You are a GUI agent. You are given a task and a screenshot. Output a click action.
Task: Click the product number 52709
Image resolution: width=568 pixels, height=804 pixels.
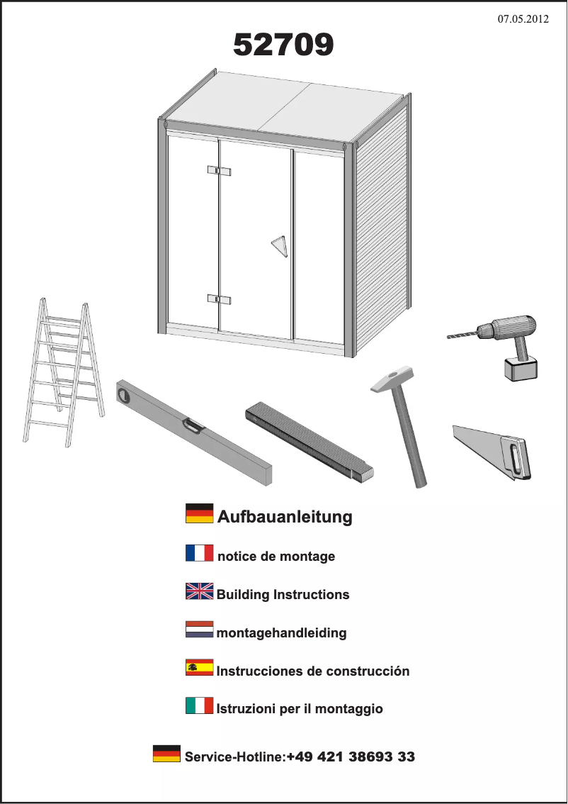point(283,45)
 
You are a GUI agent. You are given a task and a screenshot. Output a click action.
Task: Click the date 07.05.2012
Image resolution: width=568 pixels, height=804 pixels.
point(523,19)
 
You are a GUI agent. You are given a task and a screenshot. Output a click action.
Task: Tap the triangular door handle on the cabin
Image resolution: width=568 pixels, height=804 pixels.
point(280,246)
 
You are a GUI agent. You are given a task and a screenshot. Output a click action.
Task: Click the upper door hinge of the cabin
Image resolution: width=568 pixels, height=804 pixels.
point(220,170)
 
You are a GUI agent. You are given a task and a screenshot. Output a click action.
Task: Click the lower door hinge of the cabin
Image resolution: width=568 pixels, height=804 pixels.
point(220,299)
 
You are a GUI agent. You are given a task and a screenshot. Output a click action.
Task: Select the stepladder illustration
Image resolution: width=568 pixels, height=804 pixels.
point(64,372)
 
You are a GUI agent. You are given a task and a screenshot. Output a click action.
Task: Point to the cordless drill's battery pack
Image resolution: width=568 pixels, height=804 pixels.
point(521,369)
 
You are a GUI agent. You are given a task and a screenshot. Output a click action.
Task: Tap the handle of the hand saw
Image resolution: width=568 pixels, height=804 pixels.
point(516,458)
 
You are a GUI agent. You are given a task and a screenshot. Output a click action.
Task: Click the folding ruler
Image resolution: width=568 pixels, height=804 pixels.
point(309,442)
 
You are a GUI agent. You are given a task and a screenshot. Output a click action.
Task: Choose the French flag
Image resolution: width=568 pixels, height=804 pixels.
point(199,553)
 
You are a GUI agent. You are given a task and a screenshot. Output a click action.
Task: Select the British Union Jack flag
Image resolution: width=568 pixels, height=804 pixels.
point(199,591)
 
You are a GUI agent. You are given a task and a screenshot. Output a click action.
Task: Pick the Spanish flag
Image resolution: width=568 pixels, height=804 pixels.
point(199,667)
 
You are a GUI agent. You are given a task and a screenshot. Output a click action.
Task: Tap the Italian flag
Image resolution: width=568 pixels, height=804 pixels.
point(199,705)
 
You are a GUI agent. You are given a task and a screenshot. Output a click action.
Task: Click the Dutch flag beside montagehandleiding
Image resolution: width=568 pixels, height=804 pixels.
point(199,629)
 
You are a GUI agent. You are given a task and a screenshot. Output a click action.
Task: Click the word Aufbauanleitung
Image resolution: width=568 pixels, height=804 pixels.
point(285,516)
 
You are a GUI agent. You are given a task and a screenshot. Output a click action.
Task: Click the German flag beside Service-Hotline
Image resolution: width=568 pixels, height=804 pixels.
point(166,753)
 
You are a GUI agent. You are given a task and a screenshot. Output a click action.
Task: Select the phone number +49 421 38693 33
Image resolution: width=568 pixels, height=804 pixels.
point(351,756)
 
